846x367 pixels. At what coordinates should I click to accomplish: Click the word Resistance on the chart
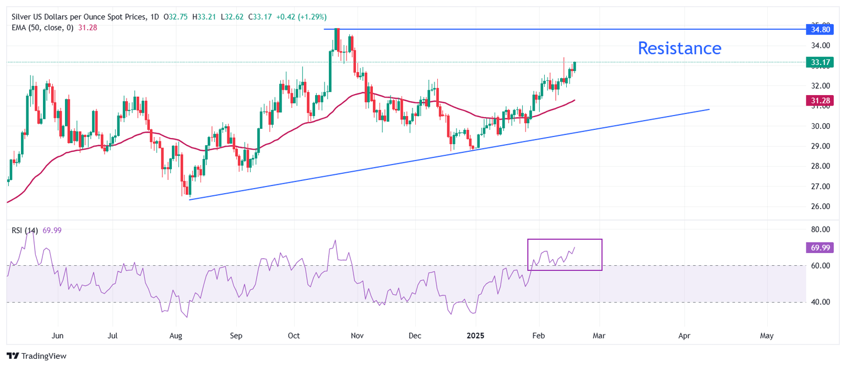click(x=679, y=48)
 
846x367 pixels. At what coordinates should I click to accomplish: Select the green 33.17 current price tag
click(x=817, y=63)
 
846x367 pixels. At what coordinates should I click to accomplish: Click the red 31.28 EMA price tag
click(x=817, y=100)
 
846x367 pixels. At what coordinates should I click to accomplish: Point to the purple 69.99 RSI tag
click(x=817, y=248)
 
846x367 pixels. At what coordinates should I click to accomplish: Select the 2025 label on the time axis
click(x=476, y=335)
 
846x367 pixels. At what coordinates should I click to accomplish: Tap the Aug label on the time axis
click(x=176, y=335)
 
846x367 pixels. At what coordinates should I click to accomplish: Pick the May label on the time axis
click(x=767, y=335)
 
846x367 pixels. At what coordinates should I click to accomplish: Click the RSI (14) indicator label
click(x=25, y=231)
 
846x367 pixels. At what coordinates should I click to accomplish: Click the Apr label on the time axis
click(x=684, y=335)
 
